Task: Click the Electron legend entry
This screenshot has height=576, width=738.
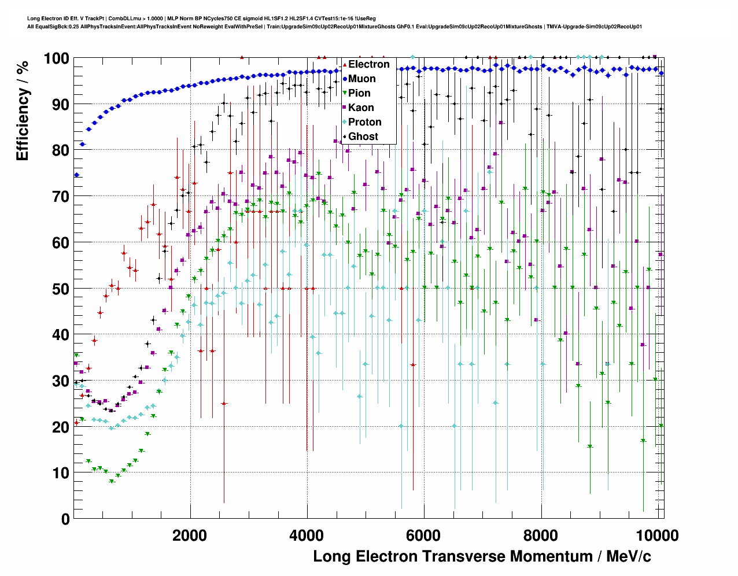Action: [x=368, y=64]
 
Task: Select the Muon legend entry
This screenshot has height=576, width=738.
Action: [x=361, y=79]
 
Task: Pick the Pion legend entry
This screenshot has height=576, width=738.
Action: [x=359, y=93]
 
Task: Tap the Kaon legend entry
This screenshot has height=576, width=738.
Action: [x=360, y=108]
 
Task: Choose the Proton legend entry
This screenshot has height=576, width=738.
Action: [x=364, y=122]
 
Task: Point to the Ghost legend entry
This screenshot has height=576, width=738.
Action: [x=363, y=136]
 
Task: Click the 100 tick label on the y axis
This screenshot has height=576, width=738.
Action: [x=56, y=58]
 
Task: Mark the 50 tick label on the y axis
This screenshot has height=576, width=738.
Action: [x=61, y=289]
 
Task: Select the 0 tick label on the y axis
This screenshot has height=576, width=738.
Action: [x=65, y=519]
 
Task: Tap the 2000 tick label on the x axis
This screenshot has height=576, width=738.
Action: [x=190, y=535]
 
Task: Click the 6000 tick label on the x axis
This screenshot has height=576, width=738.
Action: [x=424, y=535]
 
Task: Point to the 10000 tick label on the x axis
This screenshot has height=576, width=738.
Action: [x=660, y=535]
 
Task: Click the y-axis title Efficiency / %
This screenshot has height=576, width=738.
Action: [x=22, y=110]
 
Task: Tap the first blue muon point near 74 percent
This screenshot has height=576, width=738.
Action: [x=76, y=175]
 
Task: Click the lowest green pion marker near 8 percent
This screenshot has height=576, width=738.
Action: [x=112, y=481]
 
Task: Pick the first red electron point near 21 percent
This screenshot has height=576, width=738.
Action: [x=76, y=423]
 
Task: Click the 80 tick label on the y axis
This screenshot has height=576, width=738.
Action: [x=61, y=150]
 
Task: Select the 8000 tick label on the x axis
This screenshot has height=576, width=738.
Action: [x=541, y=535]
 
